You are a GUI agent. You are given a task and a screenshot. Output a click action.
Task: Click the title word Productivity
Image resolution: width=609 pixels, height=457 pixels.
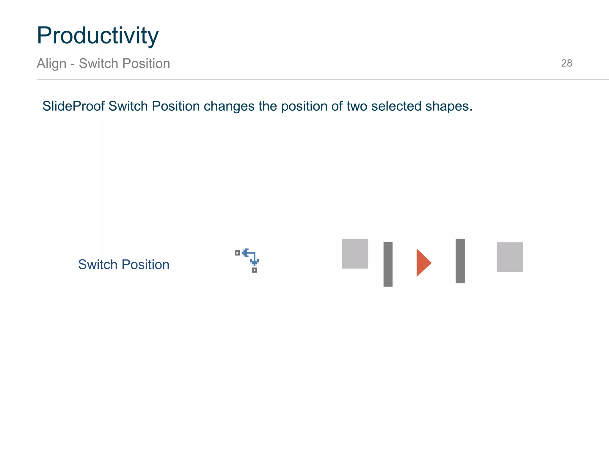(98, 36)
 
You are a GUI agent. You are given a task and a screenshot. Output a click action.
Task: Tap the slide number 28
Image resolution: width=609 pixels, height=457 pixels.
(566, 63)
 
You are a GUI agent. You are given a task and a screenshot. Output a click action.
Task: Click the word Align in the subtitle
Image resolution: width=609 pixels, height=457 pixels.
(51, 64)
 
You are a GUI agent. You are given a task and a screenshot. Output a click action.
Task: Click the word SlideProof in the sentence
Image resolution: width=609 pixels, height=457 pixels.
(73, 106)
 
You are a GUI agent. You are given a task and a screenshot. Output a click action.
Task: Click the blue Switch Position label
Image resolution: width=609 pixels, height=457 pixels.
(124, 265)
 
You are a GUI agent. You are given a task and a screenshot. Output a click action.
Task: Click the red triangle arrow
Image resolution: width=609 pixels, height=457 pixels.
(423, 263)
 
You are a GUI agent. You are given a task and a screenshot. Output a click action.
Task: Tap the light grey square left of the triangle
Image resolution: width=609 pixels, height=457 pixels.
(355, 253)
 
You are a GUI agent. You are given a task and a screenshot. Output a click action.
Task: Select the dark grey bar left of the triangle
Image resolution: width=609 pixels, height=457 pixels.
(388, 264)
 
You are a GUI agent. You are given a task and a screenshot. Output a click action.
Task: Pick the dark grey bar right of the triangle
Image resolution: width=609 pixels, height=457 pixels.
(460, 261)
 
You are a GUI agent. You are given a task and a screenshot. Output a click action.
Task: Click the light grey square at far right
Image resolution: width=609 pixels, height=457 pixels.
(510, 257)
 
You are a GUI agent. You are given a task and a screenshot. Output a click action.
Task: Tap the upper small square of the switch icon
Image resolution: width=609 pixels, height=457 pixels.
(237, 253)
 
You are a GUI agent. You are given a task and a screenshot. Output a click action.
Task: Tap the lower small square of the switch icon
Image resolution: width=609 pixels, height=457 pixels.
(254, 270)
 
